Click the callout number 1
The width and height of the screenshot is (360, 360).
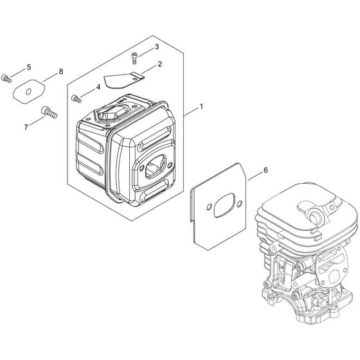201,107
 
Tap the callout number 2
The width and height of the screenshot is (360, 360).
159,64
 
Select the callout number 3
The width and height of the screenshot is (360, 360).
157,47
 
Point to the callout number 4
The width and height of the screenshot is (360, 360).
98,87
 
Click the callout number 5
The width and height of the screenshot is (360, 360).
29,67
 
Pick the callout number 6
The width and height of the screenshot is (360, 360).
265,170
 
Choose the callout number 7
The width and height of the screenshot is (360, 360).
26,127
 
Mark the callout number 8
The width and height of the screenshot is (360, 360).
61,71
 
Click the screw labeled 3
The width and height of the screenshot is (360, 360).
134,59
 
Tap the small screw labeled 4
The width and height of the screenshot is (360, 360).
76,99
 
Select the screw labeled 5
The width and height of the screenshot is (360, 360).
6,78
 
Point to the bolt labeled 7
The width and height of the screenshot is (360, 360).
49,113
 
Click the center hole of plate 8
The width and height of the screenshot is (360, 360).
28,92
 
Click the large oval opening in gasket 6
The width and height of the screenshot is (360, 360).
224,205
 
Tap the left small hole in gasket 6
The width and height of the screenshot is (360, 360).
209,207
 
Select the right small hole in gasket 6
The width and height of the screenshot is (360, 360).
239,203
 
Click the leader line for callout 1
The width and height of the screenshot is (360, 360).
191,112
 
